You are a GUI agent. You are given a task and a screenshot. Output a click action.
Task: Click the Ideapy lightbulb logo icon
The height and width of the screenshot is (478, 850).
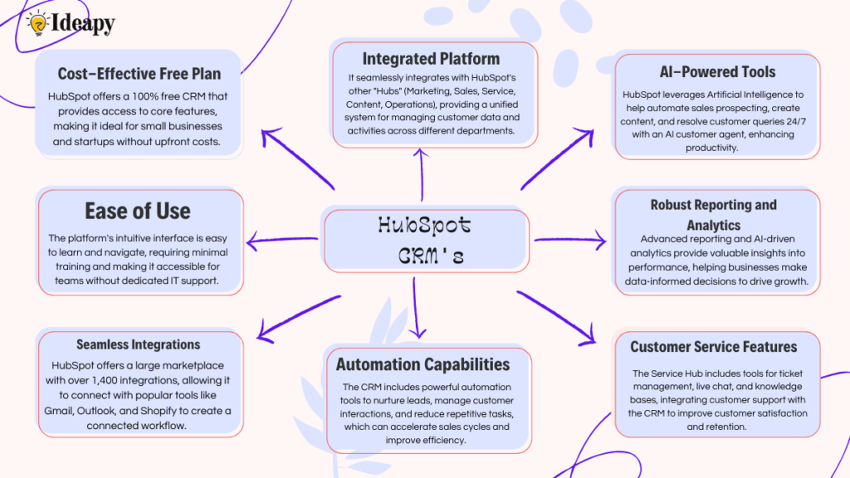click(x=37, y=23)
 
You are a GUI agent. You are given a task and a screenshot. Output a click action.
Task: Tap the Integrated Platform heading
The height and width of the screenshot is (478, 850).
click(x=431, y=58)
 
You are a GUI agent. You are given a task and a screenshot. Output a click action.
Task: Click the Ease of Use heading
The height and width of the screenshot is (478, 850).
click(x=137, y=211)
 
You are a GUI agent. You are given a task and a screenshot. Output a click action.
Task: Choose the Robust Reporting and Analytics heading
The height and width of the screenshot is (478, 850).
click(x=713, y=214)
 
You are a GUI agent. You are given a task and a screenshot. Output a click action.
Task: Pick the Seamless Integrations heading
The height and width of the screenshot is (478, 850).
click(x=139, y=344)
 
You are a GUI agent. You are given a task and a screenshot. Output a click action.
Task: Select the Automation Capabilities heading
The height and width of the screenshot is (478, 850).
click(x=423, y=364)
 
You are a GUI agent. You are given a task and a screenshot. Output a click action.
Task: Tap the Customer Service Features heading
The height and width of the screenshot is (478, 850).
click(x=713, y=347)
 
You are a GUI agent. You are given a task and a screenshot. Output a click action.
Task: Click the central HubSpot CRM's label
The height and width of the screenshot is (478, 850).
click(x=424, y=240)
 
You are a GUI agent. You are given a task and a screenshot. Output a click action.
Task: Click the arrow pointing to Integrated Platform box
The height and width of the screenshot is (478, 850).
click(x=420, y=174)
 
